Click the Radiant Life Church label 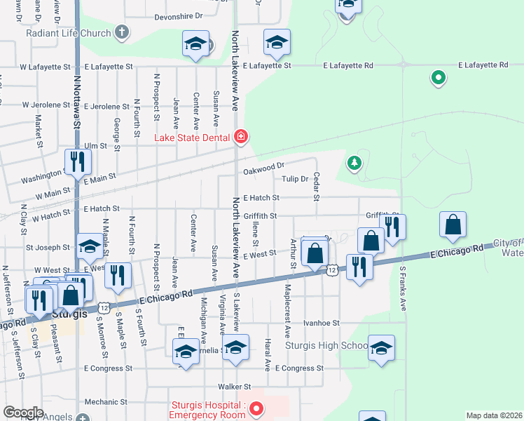point(69,33)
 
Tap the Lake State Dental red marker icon point(241,135)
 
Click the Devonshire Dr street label point(178,15)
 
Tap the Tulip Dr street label point(295,179)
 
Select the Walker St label point(234,387)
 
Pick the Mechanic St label point(104,403)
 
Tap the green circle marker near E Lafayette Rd point(439,78)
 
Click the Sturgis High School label point(326,346)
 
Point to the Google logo point(23,413)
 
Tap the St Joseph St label point(48,247)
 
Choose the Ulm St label point(95,146)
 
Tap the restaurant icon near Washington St point(77,162)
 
